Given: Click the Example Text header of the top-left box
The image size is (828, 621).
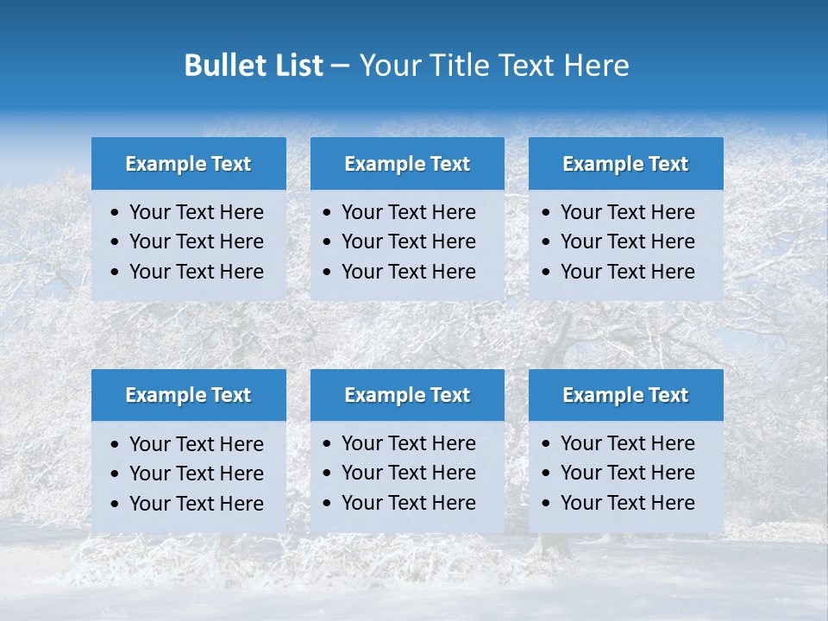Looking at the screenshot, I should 188,164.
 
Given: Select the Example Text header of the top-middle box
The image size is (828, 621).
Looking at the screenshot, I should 407,164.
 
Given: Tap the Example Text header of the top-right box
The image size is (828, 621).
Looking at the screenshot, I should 625,164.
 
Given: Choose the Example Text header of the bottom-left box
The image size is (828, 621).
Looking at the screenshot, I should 188,395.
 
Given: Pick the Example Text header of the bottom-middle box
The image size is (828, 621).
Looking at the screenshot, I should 407,395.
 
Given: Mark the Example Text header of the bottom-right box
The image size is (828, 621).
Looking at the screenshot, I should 625,395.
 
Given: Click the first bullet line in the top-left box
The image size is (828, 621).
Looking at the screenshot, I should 196,212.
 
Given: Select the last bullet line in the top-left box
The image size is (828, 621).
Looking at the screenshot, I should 196,272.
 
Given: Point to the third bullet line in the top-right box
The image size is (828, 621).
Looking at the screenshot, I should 627,272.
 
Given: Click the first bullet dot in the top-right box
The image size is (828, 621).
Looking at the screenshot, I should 547,213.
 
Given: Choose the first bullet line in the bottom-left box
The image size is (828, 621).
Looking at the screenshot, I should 196,444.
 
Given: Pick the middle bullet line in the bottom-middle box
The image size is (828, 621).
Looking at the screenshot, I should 408,473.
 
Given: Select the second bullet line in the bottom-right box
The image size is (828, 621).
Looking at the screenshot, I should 627,473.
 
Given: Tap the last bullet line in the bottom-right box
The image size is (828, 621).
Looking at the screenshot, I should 627,503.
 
